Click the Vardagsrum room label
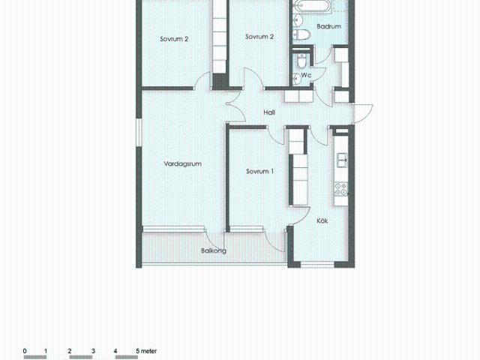pos(184,163)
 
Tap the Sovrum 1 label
pos(259,172)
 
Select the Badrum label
pos(328,26)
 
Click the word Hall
pos(269,112)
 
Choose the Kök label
pos(322,220)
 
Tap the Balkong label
pos(213,251)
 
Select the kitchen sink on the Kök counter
pos(341,160)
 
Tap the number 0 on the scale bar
pos(25,350)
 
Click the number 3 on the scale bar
pos(93,350)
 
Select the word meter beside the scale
pos(147,350)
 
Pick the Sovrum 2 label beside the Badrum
pos(259,37)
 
